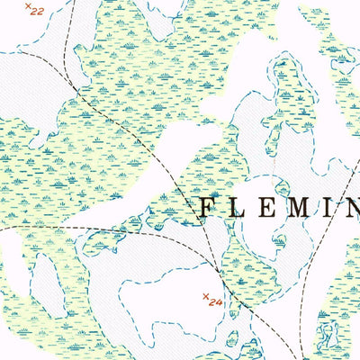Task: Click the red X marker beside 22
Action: click(x=28, y=8)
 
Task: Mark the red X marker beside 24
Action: click(x=205, y=295)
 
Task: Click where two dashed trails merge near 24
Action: click(x=219, y=270)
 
